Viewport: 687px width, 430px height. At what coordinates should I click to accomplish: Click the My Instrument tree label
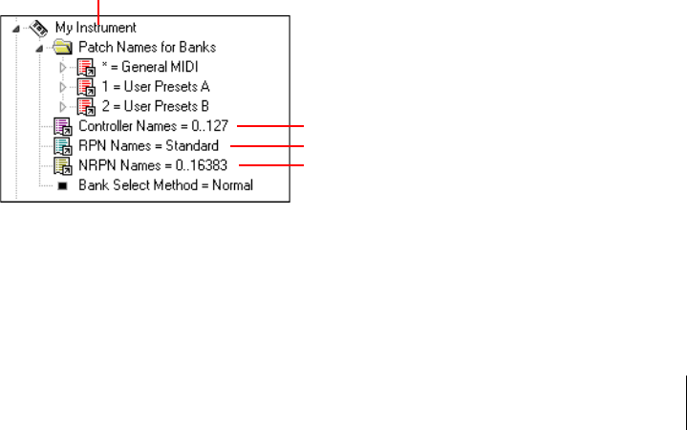(x=97, y=28)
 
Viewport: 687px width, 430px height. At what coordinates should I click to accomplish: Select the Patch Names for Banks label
(x=146, y=47)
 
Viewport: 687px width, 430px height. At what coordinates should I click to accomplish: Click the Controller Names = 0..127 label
(x=153, y=126)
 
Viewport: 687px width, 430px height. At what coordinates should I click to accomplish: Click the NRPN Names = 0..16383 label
(x=156, y=164)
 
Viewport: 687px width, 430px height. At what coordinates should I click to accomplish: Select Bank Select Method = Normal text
(x=165, y=184)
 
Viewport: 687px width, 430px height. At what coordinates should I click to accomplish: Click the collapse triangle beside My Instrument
(x=18, y=29)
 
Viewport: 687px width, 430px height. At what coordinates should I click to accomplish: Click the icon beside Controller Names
(x=63, y=126)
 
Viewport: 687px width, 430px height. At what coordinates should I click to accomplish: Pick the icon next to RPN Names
(x=63, y=145)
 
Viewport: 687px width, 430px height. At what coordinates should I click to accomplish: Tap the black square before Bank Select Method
(x=62, y=185)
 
